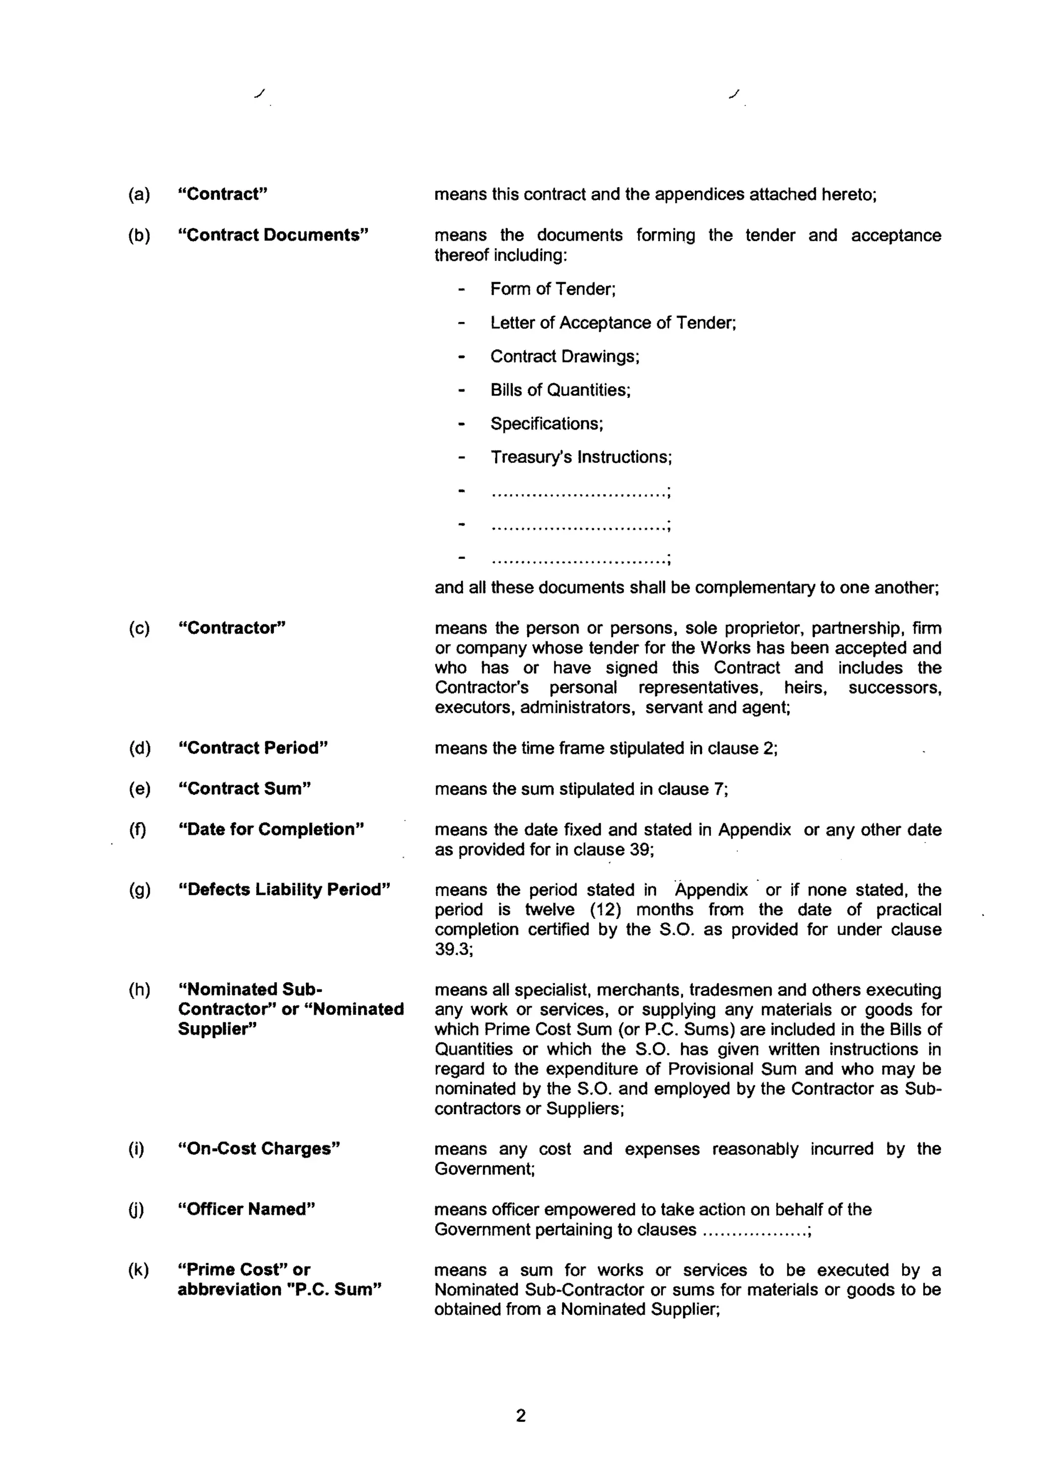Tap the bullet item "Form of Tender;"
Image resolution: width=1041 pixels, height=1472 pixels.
tap(553, 289)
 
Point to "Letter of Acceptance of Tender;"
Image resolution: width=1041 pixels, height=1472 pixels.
tap(613, 322)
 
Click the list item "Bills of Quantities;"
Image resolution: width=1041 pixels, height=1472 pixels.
tap(560, 390)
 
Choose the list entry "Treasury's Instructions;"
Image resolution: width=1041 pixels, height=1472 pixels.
tap(581, 457)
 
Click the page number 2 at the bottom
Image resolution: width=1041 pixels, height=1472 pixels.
tap(520, 1416)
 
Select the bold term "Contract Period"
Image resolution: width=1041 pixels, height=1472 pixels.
tap(253, 747)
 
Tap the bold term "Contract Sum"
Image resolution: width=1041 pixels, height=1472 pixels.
tap(244, 789)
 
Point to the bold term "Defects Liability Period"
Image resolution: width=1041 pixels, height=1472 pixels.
tap(284, 889)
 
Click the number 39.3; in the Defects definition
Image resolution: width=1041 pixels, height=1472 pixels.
tap(454, 949)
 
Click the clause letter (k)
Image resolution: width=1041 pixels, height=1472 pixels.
tap(138, 1270)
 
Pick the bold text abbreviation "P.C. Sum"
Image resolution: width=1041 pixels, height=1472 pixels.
tap(280, 1289)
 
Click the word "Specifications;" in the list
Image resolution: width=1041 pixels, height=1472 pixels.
tap(546, 424)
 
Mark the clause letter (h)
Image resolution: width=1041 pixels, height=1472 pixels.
tap(139, 989)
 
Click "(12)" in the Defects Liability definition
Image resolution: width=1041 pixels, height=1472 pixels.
tap(604, 909)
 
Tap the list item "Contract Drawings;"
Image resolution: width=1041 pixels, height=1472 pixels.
tap(565, 356)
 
